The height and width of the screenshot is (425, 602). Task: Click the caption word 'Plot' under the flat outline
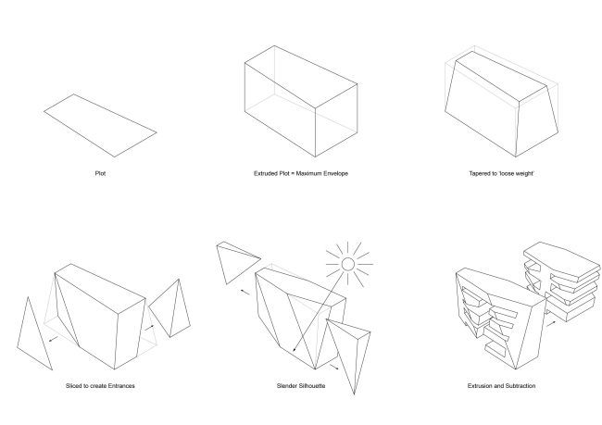coord(100,173)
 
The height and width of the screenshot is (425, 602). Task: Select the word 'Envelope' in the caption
coord(336,173)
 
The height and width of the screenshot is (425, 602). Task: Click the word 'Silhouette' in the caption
coord(311,386)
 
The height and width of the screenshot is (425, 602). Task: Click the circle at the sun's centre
coord(348,264)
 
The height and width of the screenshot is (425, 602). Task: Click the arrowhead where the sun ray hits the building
coord(295,349)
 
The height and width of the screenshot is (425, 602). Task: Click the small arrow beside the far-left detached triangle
coord(54,339)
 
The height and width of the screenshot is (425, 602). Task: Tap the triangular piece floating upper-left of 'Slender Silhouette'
coord(234,261)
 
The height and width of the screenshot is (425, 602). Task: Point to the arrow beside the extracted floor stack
coord(551,324)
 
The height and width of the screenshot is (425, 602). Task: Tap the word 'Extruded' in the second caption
coord(265,173)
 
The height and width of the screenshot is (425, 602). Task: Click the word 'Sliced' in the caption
coord(73,386)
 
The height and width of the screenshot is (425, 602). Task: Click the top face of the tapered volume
coord(501,75)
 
